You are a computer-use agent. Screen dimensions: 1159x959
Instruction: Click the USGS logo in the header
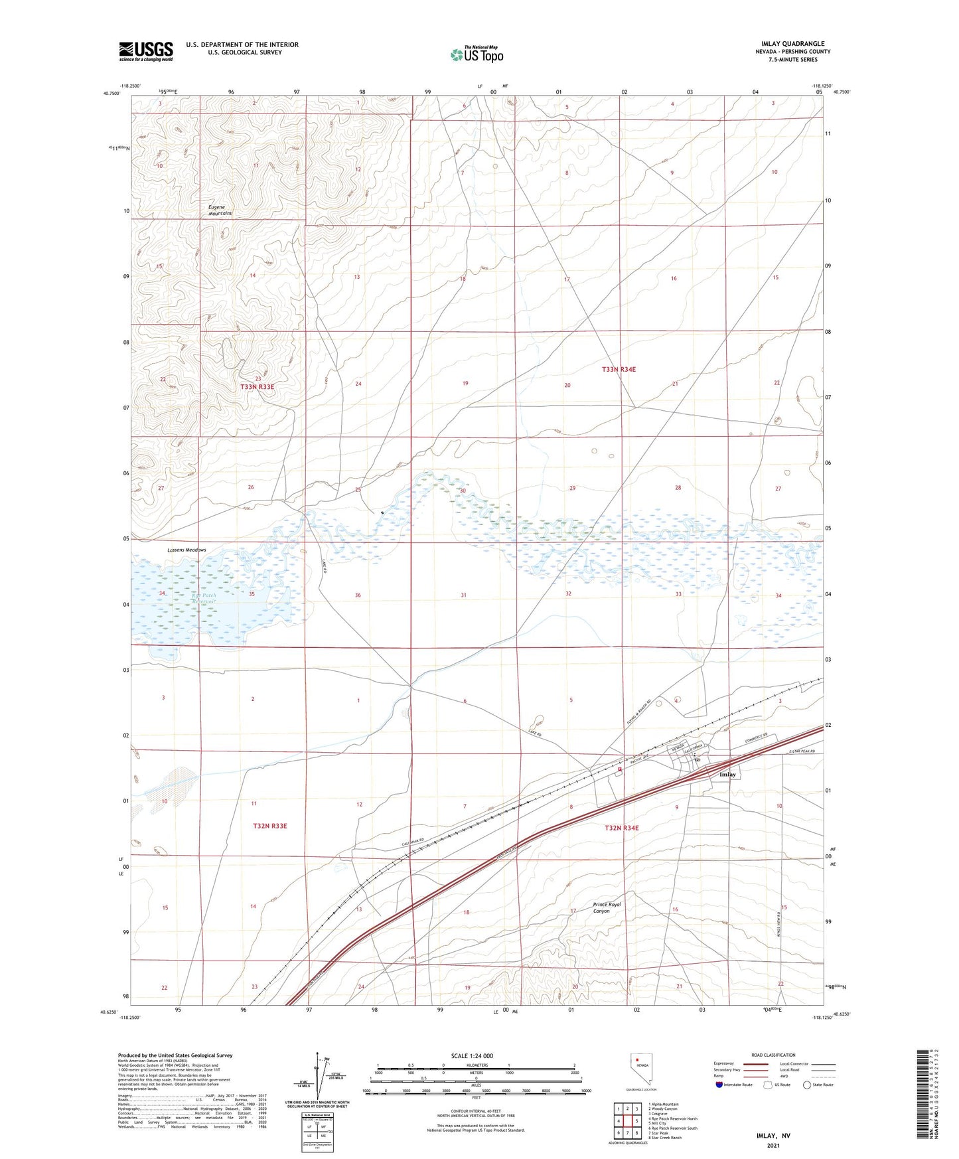(x=145, y=50)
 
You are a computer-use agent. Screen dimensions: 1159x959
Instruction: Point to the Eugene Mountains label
(x=220, y=210)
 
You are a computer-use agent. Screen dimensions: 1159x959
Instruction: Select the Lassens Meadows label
(x=186, y=550)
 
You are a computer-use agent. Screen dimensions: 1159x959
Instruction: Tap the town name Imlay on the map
(x=728, y=775)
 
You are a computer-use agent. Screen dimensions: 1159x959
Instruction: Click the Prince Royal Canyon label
(x=610, y=907)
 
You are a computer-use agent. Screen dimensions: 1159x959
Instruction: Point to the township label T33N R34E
(x=619, y=369)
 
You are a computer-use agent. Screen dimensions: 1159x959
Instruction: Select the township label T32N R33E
(x=269, y=826)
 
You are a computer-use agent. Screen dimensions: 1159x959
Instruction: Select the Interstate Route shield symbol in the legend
(x=719, y=1085)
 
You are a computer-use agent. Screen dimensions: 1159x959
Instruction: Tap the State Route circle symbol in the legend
(x=807, y=1085)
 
